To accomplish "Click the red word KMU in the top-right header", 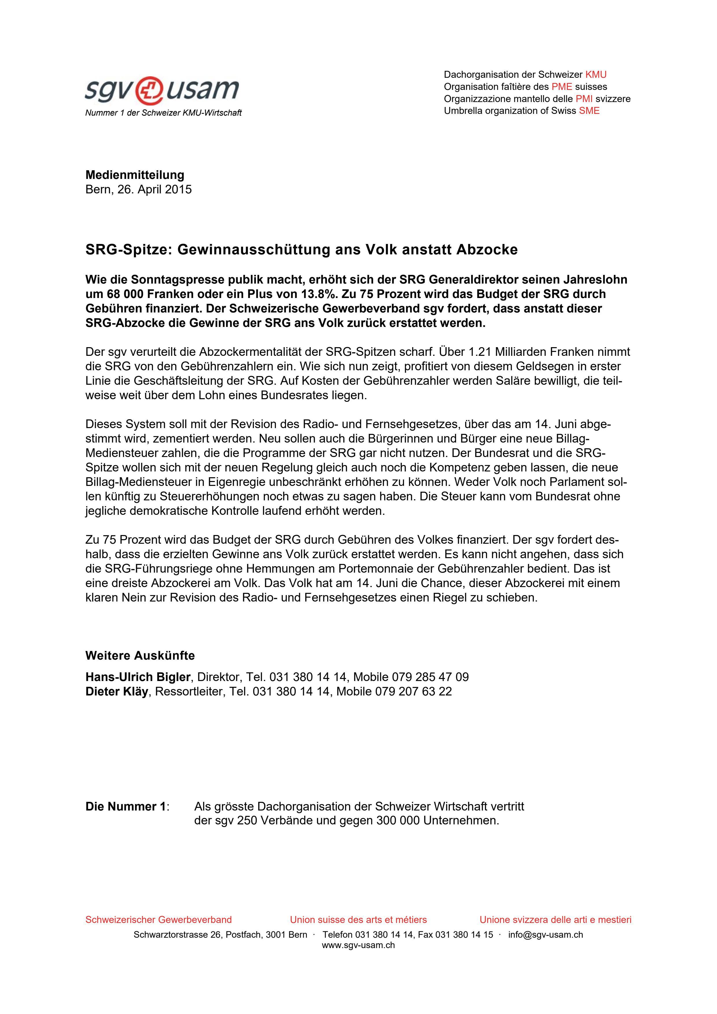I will [x=596, y=75].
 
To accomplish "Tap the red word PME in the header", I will [x=561, y=86].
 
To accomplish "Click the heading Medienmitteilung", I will [x=135, y=175].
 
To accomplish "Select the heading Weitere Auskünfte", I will [x=140, y=655].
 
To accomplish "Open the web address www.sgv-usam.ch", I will [x=358, y=945].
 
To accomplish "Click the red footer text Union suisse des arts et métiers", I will [x=358, y=920].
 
